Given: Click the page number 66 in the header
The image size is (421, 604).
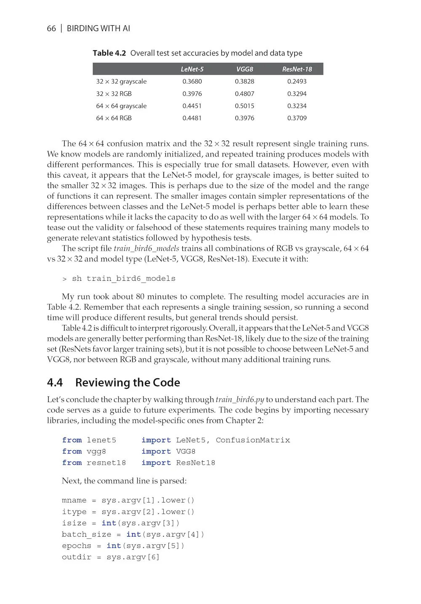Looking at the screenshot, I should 51,29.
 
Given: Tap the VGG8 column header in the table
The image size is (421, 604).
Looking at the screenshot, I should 245,69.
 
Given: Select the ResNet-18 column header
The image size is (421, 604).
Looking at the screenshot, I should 297,69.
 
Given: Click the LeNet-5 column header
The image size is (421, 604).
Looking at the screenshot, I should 192,69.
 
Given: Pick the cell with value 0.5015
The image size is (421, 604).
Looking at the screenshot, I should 245,106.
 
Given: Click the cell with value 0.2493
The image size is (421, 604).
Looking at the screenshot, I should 297,81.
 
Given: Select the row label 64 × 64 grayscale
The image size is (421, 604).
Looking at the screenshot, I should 121,106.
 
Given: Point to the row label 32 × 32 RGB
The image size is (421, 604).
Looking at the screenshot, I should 114,94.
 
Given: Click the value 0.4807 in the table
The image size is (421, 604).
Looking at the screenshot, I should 245,94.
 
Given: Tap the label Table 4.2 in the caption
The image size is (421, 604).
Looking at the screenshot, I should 109,53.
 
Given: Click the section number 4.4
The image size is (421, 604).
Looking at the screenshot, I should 55,383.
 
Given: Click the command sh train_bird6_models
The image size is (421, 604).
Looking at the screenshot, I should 124,279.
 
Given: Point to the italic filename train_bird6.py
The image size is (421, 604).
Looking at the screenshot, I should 240,400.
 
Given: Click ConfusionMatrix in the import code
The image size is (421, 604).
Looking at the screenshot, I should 253,440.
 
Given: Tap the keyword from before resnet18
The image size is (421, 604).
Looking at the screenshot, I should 72,463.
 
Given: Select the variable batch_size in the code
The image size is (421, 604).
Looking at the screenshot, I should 86,535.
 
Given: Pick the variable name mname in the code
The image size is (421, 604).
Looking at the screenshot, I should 74,500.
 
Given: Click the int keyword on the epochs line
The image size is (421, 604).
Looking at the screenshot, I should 114,546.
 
